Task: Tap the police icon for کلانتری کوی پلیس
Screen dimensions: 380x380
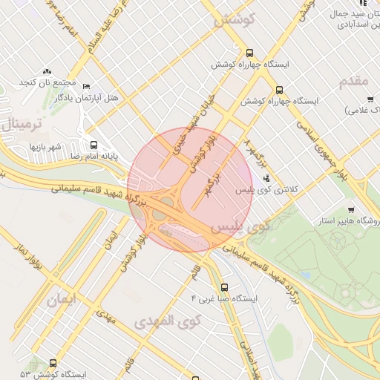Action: click(266, 178)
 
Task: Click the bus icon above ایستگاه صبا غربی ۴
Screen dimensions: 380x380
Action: click(224, 287)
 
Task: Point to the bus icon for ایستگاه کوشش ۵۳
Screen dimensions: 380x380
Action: click(53, 364)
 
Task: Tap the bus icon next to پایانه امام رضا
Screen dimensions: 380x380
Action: click(94, 145)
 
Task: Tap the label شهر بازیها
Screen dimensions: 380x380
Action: click(46, 147)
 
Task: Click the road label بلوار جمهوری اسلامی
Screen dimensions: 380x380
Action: click(319, 144)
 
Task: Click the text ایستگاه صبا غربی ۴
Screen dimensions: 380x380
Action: click(223, 298)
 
